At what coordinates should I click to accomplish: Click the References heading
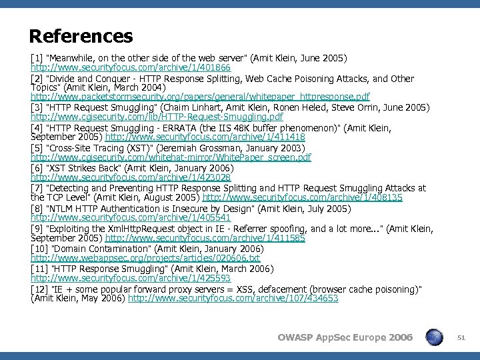(x=81, y=35)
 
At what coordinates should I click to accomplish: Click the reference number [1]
(x=37, y=59)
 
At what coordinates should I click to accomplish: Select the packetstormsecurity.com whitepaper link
(x=200, y=97)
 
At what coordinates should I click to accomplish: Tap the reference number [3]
(x=37, y=107)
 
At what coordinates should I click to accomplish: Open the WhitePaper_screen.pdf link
(x=171, y=157)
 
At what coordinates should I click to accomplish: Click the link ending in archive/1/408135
(x=302, y=197)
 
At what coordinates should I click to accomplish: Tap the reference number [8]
(x=37, y=208)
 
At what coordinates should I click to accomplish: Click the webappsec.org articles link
(x=145, y=258)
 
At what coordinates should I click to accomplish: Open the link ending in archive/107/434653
(x=233, y=299)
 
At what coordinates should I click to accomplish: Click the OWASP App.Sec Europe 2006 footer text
(x=345, y=337)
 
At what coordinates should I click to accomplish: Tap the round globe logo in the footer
(x=435, y=337)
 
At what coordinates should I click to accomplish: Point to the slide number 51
(x=461, y=338)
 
